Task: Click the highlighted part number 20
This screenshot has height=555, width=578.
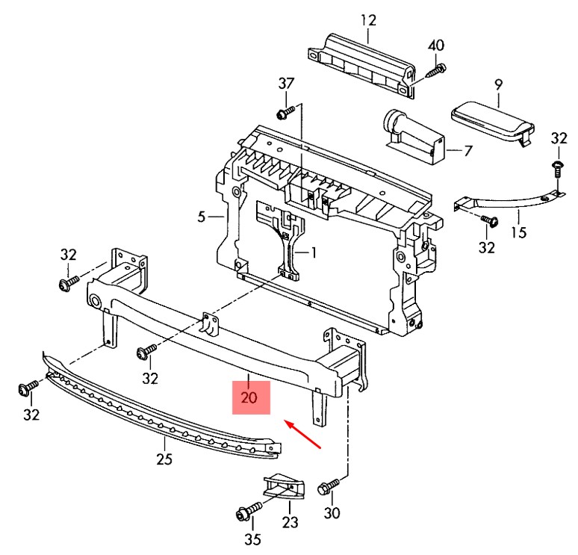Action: point(249,397)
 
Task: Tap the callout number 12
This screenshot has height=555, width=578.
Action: point(368,20)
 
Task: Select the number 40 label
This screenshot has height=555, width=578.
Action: point(436,46)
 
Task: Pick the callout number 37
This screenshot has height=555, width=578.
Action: point(286,84)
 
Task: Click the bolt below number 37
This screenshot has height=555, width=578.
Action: point(286,112)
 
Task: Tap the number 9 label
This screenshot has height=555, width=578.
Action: point(498,85)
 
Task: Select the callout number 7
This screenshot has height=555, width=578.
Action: point(467,150)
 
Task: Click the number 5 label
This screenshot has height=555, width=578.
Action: point(202,217)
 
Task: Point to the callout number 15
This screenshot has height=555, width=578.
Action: point(519,232)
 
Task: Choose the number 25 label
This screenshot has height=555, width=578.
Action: point(164,459)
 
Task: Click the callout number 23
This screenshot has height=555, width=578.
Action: point(290,522)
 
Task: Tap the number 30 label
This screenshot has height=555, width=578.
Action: point(332,512)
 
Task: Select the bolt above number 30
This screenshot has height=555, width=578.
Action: point(328,486)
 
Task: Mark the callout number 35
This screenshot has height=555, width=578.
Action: point(253,539)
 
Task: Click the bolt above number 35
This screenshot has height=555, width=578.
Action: point(249,511)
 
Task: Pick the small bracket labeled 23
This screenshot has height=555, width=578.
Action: point(283,486)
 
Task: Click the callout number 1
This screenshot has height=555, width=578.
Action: point(314,253)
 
